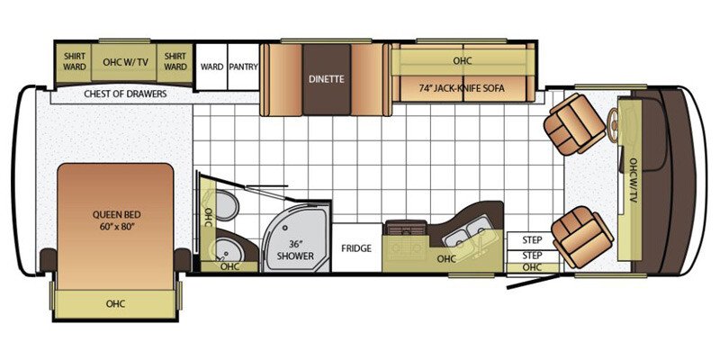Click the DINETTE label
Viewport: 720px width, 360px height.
click(x=326, y=79)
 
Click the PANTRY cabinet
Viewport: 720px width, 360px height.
click(x=243, y=66)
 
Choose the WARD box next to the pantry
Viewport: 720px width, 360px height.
click(x=212, y=66)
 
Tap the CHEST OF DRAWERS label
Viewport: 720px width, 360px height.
click(x=125, y=94)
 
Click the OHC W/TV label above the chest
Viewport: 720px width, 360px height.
click(x=125, y=61)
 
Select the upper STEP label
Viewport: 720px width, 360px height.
click(x=533, y=240)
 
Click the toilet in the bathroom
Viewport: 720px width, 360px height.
click(x=226, y=209)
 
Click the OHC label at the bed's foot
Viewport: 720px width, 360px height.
click(x=114, y=302)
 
